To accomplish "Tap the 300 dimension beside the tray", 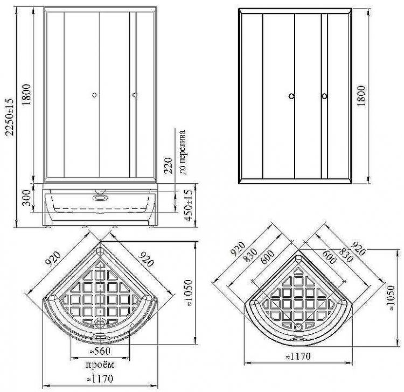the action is pos(26,198).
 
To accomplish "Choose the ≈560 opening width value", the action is pos(100,351).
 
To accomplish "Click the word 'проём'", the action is pos(100,365).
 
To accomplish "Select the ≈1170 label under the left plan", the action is pos(100,379).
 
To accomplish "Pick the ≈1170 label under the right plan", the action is pos(298,356).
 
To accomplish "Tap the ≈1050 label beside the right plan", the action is pos(391,298).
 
